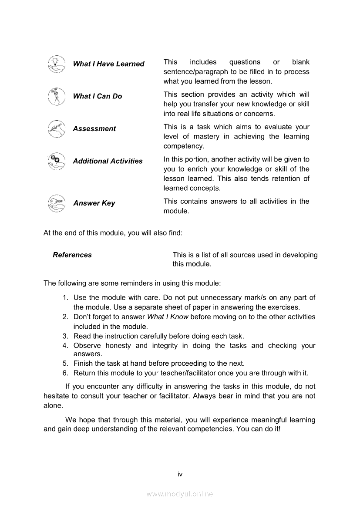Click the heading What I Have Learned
108,64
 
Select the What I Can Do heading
98,96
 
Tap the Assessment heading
94,129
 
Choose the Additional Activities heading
108,161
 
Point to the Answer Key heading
94,203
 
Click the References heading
72,255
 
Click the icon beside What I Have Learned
57,64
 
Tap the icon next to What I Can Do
57,97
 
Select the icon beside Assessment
57,129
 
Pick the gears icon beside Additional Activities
57,162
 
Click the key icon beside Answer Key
57,203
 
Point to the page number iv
180,474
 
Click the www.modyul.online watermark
180,494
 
